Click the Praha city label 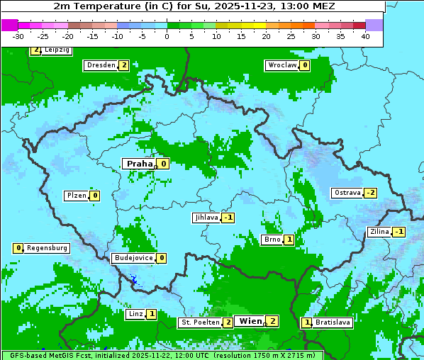coord(140,164)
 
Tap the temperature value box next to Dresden coord(124,65)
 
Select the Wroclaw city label coord(281,65)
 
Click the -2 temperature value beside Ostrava coord(371,193)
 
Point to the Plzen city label coord(76,196)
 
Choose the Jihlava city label coord(206,218)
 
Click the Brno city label coord(272,240)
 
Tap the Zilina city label coord(379,232)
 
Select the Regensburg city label coord(48,248)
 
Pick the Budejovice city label coord(133,258)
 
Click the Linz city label coord(135,314)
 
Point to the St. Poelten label coord(200,322)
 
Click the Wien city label coord(250,321)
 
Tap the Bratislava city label coord(333,322)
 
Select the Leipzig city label coord(57,50)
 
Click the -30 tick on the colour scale coord(18,36)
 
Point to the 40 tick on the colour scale coord(365,36)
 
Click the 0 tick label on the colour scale coord(167,36)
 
